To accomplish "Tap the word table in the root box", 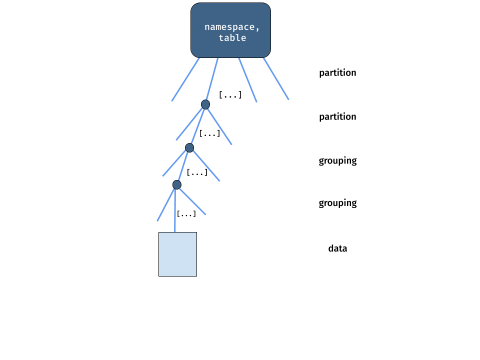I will (x=232, y=38).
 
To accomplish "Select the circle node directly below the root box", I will (x=205, y=104).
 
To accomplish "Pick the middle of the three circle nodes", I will (x=189, y=148).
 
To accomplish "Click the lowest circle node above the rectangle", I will (x=177, y=185).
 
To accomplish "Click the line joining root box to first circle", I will (x=212, y=79).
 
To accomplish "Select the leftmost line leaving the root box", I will (x=185, y=79).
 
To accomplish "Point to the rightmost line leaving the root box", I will (x=276, y=78).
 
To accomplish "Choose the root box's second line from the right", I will (x=247, y=80).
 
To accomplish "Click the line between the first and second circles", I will (x=197, y=126).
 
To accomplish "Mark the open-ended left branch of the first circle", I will (x=188, y=124).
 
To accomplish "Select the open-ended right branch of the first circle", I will (x=219, y=126).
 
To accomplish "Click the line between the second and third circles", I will (x=183, y=166).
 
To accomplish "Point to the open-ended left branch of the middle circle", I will (x=174, y=163).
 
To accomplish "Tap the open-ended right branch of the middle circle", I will (x=206, y=165).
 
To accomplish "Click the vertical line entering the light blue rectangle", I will (x=175, y=210).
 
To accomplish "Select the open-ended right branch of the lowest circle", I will (x=192, y=201).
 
